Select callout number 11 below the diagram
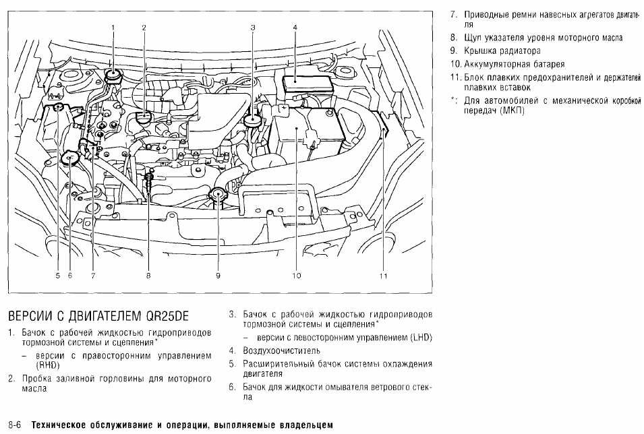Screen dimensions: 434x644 (382, 276)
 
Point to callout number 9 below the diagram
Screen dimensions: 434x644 (218, 276)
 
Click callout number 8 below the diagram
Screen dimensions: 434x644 (148, 276)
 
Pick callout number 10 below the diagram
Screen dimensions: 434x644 (296, 276)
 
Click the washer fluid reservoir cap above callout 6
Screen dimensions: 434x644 (69, 158)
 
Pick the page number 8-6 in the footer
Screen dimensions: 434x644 (15, 426)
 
